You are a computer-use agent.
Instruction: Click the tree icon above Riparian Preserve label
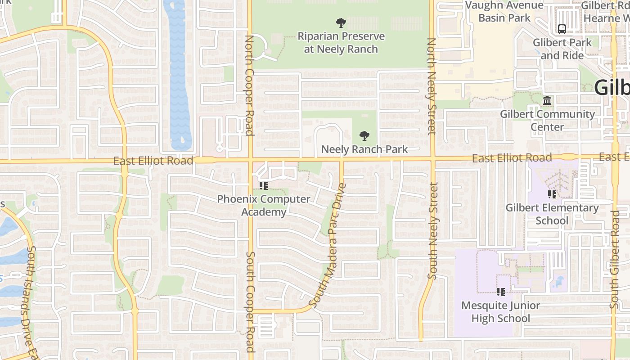(341, 22)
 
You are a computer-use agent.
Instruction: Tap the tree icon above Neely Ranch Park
(364, 135)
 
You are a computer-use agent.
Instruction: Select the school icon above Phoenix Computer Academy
(264, 185)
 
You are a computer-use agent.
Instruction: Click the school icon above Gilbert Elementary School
(552, 194)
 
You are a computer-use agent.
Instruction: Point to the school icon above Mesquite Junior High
(501, 292)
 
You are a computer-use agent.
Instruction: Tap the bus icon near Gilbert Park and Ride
(562, 29)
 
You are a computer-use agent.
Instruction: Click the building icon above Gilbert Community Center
(547, 101)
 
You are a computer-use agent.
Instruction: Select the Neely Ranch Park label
(364, 149)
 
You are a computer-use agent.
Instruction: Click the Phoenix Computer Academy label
(264, 205)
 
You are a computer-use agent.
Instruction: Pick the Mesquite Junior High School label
(501, 312)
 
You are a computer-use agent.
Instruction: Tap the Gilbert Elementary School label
(552, 214)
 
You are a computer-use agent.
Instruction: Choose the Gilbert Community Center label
(547, 120)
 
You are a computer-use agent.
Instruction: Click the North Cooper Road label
(249, 85)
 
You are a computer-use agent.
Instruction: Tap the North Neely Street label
(431, 85)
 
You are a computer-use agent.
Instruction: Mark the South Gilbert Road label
(615, 265)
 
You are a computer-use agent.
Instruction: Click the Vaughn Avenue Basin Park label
(504, 12)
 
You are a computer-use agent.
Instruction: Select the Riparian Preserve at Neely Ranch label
(341, 43)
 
